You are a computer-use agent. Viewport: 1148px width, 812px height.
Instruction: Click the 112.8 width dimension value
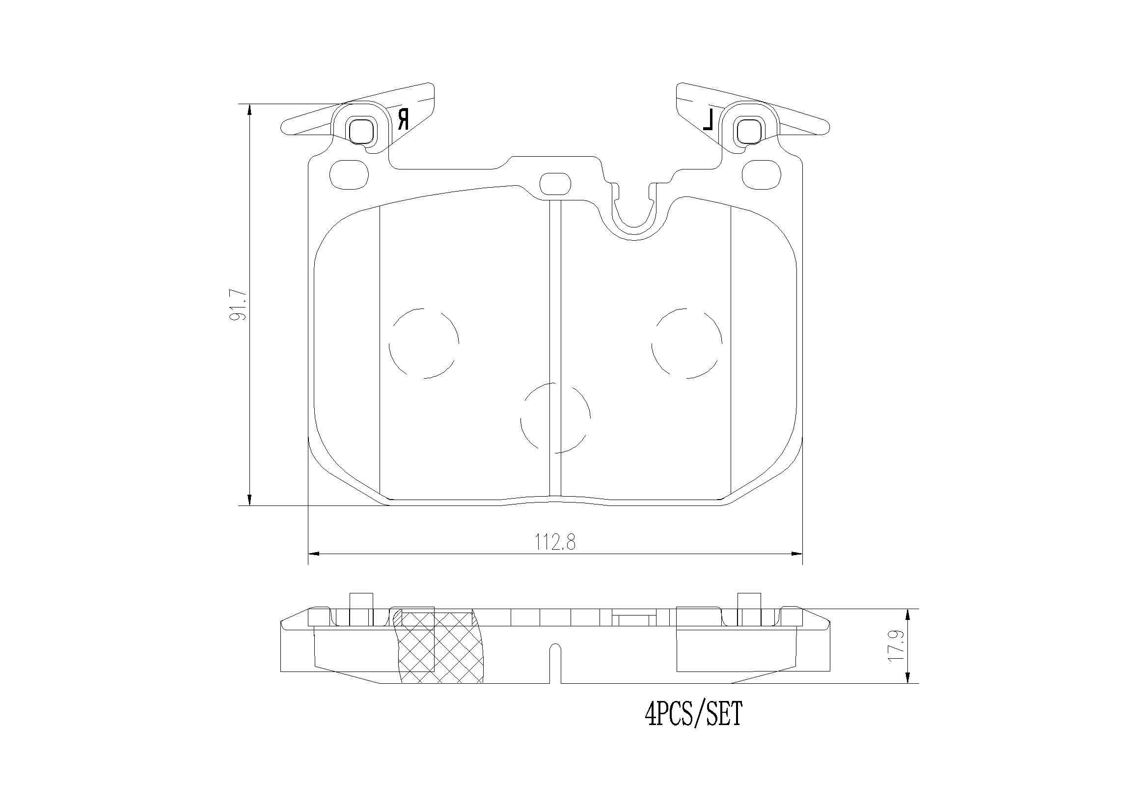(x=555, y=542)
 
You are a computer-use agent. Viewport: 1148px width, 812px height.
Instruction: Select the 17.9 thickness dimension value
(x=897, y=646)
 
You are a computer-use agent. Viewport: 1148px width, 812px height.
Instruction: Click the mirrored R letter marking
(x=403, y=119)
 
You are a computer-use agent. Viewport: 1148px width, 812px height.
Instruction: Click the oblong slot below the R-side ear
(x=350, y=174)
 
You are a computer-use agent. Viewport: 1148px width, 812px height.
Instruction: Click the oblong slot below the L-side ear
(x=761, y=174)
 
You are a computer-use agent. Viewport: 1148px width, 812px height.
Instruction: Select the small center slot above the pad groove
(x=555, y=184)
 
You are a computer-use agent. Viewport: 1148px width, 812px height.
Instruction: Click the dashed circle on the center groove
(x=555, y=418)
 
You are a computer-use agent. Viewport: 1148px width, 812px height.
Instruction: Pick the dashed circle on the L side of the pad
(x=686, y=343)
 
